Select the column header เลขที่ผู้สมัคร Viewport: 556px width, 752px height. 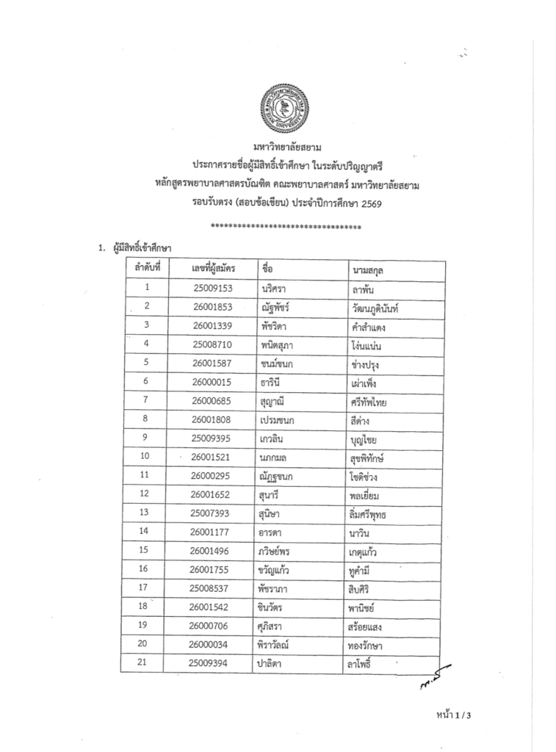(212, 270)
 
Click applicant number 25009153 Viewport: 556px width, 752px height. (212, 288)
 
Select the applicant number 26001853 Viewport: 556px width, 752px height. (212, 306)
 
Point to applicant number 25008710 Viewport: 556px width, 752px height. (212, 343)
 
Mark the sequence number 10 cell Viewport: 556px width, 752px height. (145, 457)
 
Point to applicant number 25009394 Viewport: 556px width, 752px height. (211, 663)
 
